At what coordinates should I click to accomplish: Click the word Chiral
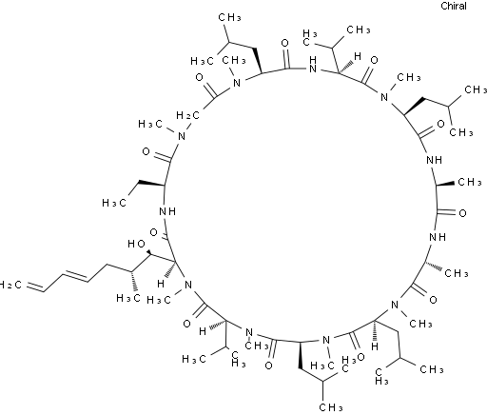point(454,6)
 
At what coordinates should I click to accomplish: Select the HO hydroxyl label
point(137,244)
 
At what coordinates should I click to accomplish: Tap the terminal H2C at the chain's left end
point(10,285)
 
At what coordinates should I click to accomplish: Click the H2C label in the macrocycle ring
point(187,115)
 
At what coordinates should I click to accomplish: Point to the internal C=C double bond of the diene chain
point(75,276)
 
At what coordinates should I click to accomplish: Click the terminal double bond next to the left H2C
point(34,287)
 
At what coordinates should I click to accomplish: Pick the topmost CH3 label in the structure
point(229,17)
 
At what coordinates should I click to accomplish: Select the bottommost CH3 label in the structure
point(331,406)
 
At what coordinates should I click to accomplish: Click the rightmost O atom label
point(462,213)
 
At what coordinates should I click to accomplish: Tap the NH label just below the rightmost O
point(438,237)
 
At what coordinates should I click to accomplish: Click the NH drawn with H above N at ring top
point(313,64)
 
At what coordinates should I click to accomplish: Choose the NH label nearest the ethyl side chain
point(167,211)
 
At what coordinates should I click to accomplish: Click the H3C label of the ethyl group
point(114,203)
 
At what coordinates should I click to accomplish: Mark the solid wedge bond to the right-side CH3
point(445,184)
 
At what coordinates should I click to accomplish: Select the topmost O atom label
point(285,43)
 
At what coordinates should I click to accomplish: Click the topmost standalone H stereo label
point(358,56)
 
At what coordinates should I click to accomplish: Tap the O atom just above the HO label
point(153,232)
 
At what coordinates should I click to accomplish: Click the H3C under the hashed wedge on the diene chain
point(128,298)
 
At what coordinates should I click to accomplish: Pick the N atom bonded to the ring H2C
point(182,136)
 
